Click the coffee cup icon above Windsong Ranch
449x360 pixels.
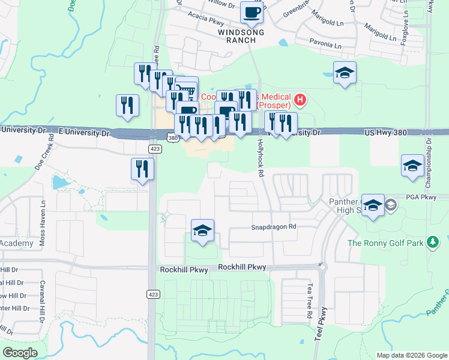click(252, 11)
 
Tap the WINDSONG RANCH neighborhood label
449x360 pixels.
click(237, 36)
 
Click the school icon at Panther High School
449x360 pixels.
click(373, 206)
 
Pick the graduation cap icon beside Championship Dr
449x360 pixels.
click(412, 166)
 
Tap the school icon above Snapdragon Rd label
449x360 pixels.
click(203, 230)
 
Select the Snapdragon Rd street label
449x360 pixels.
click(274, 227)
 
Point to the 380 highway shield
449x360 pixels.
click(173, 139)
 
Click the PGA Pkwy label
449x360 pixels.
click(420, 197)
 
